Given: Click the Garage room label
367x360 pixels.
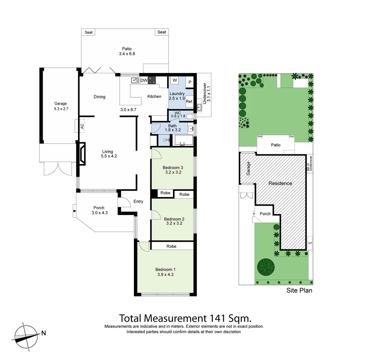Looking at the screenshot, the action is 61,103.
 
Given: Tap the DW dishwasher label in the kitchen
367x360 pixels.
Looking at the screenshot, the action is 144,81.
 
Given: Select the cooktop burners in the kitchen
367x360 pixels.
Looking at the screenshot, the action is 152,80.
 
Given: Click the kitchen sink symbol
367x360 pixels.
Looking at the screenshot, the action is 135,80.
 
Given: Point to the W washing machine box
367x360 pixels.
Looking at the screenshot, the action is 175,81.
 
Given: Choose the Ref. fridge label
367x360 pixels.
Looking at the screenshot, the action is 189,102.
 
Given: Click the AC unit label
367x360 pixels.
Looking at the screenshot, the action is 82,126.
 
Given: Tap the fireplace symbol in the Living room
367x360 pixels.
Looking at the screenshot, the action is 82,154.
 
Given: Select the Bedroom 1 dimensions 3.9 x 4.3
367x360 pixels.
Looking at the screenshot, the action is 165,275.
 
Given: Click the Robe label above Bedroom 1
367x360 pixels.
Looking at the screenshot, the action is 172,246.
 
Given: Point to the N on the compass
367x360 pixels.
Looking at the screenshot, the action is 44,333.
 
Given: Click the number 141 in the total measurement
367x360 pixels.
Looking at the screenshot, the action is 218,318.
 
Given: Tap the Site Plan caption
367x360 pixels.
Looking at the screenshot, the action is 299,290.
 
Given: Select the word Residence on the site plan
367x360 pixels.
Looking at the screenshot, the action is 280,183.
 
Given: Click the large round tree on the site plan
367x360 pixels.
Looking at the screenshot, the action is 266,267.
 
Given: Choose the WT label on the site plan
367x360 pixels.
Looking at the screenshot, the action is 310,243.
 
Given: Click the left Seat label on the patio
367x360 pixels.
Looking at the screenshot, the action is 88,32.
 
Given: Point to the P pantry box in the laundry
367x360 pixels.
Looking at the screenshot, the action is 190,82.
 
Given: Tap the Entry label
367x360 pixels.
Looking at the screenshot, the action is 138,201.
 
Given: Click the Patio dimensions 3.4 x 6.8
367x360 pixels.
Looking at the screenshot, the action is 127,54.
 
